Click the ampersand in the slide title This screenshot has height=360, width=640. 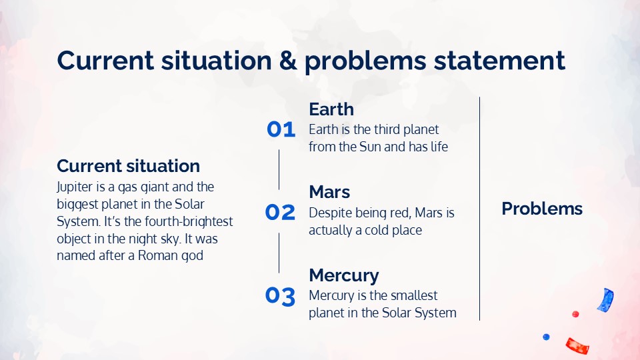point(288,61)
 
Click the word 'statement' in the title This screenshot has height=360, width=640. point(499,61)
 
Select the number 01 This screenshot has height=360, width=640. point(281,129)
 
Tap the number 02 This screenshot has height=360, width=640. point(280,212)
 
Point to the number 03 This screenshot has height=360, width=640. point(280,296)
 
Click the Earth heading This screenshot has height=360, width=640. point(331,109)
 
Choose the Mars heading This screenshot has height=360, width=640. point(329,192)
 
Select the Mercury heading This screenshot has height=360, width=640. point(344,276)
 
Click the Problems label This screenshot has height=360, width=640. point(541,209)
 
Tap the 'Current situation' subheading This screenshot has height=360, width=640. point(128,166)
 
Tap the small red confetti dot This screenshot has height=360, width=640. point(575,314)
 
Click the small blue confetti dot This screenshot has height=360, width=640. point(546,337)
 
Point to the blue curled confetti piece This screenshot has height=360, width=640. point(606,300)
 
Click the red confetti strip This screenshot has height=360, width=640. point(577,346)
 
